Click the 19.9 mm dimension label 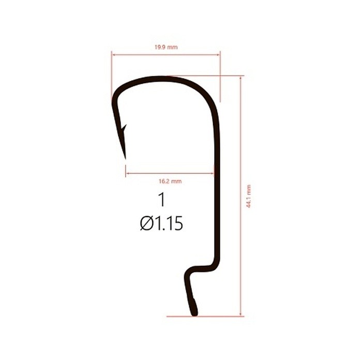click(x=166, y=48)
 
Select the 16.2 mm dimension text click(x=170, y=181)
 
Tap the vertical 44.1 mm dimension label click(x=249, y=196)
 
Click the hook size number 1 click(x=162, y=200)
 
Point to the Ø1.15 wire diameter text click(x=161, y=223)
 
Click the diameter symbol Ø click(x=146, y=223)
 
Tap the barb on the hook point click(x=124, y=128)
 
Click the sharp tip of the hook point click(x=126, y=159)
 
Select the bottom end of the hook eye click(x=194, y=315)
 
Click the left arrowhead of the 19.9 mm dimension click(x=113, y=55)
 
